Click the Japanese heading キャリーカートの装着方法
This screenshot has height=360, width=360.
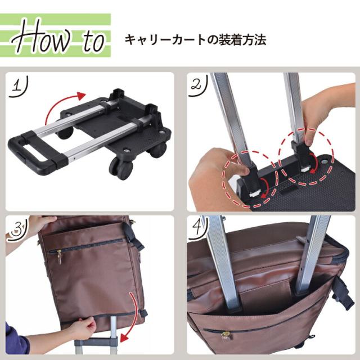[x=195, y=40]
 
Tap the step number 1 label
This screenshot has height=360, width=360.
[x=19, y=87]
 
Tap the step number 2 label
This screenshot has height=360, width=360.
[x=198, y=86]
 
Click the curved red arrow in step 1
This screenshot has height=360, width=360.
[x=60, y=101]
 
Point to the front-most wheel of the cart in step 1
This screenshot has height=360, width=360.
[x=121, y=168]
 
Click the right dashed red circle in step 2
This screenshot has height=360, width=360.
[x=306, y=156]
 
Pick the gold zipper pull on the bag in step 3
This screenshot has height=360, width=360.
[x=60, y=256]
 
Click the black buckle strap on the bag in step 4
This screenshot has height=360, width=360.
[x=343, y=292]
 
